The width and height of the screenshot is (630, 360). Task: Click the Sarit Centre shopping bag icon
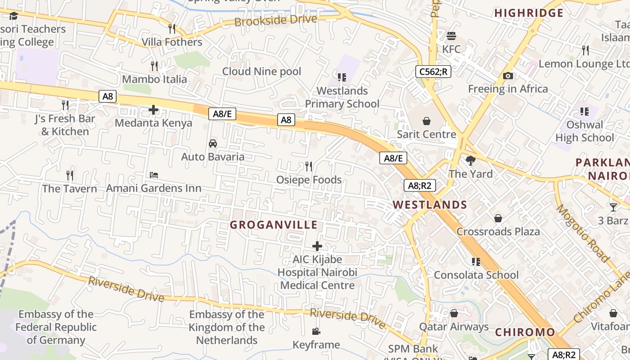coord(426,121)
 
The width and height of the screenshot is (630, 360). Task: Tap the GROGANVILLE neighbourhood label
coord(274,225)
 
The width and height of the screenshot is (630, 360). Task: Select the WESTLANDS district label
coord(430,205)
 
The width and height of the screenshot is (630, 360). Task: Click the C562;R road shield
coord(433,71)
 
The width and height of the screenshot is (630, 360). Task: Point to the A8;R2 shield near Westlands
coord(419,185)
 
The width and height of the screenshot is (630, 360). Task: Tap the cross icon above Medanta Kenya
coord(153,109)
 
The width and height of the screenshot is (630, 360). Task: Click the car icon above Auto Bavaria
coord(213,144)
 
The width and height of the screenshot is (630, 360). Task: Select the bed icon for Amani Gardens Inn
coord(154,175)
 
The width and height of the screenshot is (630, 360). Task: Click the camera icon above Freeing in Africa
coord(508,76)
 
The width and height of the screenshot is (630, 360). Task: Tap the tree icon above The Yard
coord(471,161)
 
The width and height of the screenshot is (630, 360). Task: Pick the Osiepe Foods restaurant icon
coord(309,166)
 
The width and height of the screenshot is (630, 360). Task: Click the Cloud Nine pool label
coord(261,71)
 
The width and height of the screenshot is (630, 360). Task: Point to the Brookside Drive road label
coord(275,21)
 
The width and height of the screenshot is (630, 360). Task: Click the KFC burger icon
coord(451,36)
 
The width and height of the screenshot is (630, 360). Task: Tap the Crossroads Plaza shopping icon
coord(498,218)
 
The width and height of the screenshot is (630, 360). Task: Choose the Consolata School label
coord(476,275)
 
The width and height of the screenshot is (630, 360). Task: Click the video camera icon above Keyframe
coord(316,332)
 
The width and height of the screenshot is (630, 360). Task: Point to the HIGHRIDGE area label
coord(529,13)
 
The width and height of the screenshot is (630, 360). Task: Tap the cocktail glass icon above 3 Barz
coord(613,207)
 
